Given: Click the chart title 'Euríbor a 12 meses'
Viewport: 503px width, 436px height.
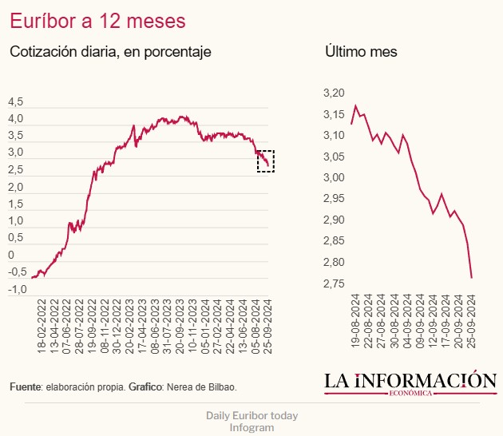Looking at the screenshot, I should tap(98, 19).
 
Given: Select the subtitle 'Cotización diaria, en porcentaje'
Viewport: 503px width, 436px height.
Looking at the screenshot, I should tap(109, 52).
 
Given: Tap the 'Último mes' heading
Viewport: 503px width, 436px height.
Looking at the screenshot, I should tap(362, 52).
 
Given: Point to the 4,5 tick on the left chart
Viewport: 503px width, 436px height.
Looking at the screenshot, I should tap(16, 101).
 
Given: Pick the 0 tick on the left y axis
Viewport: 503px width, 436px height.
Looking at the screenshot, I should tap(11, 255).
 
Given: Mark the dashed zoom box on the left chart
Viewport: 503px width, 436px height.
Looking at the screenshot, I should tap(266, 161).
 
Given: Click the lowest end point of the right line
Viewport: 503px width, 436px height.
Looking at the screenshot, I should tap(472, 278).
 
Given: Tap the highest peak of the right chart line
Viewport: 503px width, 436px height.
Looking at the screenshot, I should tap(355, 105).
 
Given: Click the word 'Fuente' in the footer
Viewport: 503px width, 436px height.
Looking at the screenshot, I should tap(25, 387).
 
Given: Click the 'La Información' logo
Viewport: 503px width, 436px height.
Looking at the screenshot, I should tap(410, 382).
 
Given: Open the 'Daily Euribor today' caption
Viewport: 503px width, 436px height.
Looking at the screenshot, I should tap(252, 416).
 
